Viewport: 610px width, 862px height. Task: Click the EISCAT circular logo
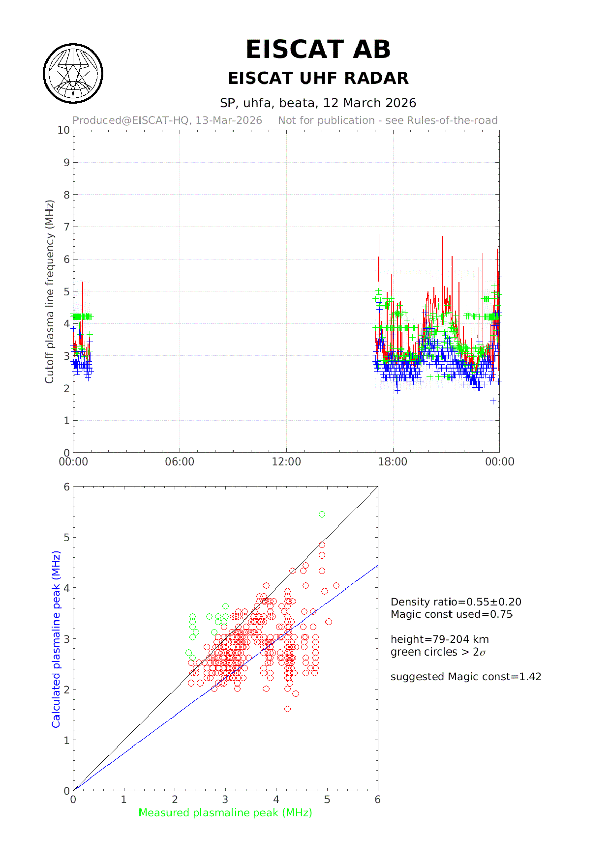[x=73, y=73]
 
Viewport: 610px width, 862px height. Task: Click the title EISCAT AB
[x=318, y=50]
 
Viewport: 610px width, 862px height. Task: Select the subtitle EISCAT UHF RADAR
[x=318, y=78]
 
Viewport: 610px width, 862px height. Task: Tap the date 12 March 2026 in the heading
[x=369, y=103]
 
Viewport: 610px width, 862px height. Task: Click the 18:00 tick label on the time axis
[x=393, y=462]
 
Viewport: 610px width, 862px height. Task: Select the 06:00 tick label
[x=180, y=462]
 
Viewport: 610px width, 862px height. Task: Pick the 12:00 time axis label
[x=286, y=462]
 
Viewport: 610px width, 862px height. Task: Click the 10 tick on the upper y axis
[x=63, y=130]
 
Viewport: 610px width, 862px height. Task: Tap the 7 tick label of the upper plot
[x=66, y=227]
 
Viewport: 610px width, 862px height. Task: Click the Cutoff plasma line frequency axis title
[x=49, y=291]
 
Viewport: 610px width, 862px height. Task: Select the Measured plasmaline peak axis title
[x=225, y=813]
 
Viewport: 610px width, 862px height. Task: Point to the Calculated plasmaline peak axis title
[x=56, y=639]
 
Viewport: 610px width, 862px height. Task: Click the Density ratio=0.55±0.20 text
[x=456, y=602]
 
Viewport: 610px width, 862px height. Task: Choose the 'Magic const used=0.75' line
[x=451, y=614]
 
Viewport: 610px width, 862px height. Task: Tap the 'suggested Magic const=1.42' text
[x=465, y=677]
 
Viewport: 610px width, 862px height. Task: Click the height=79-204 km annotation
[x=439, y=639]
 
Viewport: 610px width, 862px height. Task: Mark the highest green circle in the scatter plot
[x=322, y=515]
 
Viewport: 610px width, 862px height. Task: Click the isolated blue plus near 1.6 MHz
[x=493, y=401]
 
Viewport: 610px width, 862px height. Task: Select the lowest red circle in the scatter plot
[x=287, y=709]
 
